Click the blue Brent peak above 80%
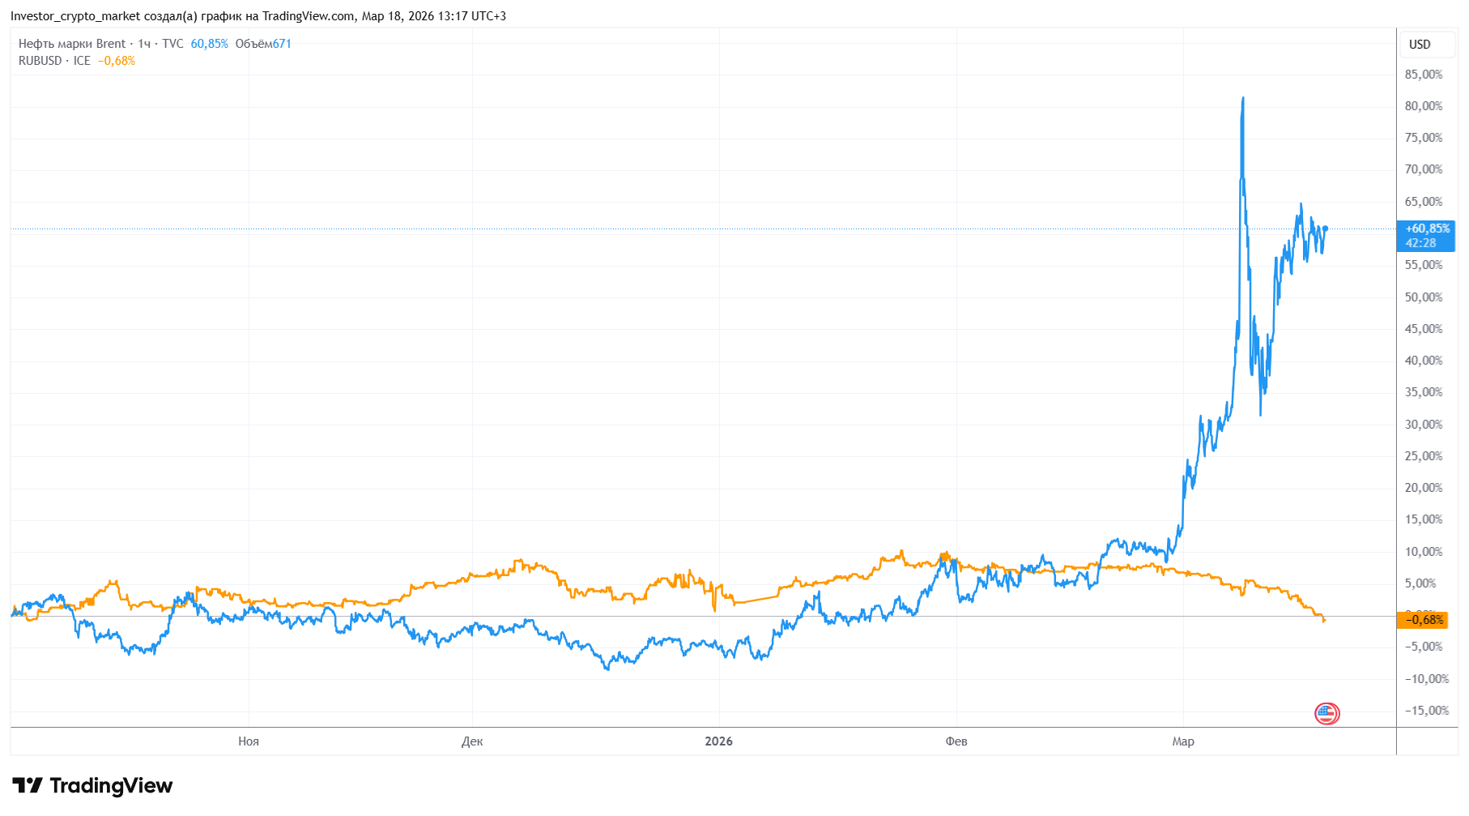point(1242,99)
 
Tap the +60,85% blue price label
point(1426,236)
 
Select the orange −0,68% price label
point(1423,620)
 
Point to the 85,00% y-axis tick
point(1423,75)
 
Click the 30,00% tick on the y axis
point(1423,425)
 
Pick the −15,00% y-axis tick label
point(1426,711)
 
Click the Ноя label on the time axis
point(249,741)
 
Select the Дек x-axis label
point(472,741)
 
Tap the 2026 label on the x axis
point(718,741)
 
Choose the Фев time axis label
point(956,741)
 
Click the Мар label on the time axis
point(1183,741)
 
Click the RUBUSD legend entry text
point(40,61)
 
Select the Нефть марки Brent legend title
point(72,44)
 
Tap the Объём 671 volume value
point(263,44)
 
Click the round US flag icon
point(1326,713)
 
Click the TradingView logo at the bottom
point(92,785)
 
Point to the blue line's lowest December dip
point(607,669)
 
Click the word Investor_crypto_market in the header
point(75,16)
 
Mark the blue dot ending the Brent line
point(1325,229)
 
